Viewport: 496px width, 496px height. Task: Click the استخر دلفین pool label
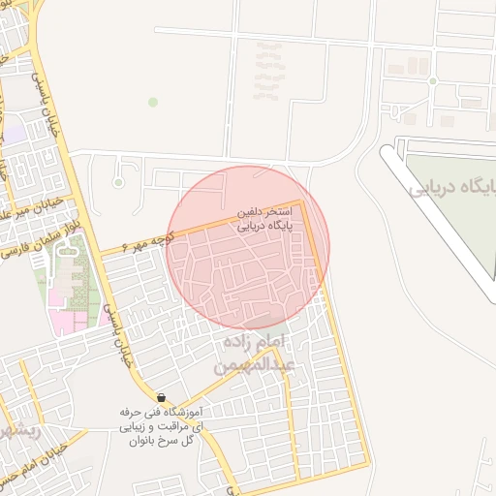tap(264, 210)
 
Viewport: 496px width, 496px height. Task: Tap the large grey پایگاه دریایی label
tap(453, 187)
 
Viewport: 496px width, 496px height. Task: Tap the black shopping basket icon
tap(161, 397)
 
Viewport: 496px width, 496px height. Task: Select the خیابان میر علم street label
tap(31, 206)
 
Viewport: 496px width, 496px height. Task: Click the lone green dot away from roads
tap(152, 102)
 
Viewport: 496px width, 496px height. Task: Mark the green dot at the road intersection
tap(432, 80)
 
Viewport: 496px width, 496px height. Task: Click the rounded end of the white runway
tap(390, 150)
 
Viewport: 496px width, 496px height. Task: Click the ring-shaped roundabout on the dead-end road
tap(118, 181)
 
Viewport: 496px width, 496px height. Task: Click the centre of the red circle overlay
tap(249, 247)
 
